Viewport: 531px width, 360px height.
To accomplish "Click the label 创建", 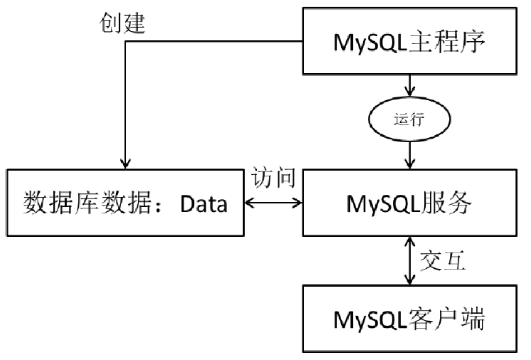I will (122, 24).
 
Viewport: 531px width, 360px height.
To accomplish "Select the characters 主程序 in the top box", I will (452, 43).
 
